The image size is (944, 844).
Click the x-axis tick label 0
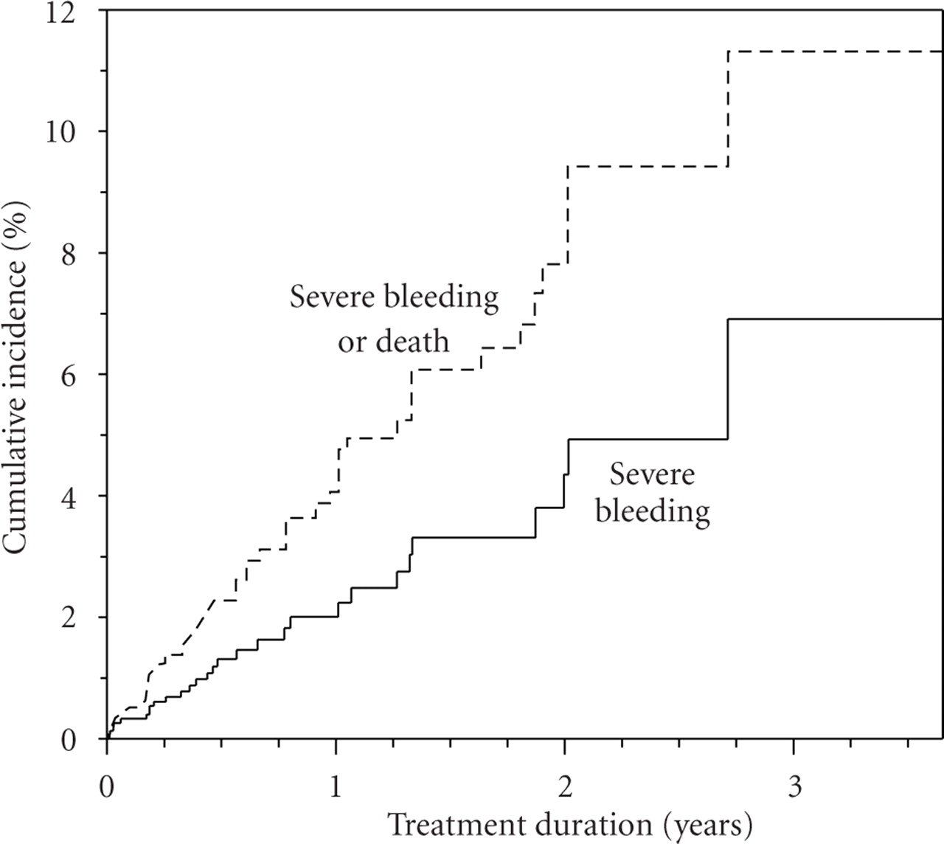[x=108, y=788]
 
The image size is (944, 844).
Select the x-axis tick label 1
[x=336, y=788]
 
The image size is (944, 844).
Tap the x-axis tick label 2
[x=565, y=788]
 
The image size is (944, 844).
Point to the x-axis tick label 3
[x=794, y=788]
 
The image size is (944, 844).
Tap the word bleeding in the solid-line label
[x=653, y=511]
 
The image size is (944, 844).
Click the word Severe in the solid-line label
[x=652, y=474]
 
